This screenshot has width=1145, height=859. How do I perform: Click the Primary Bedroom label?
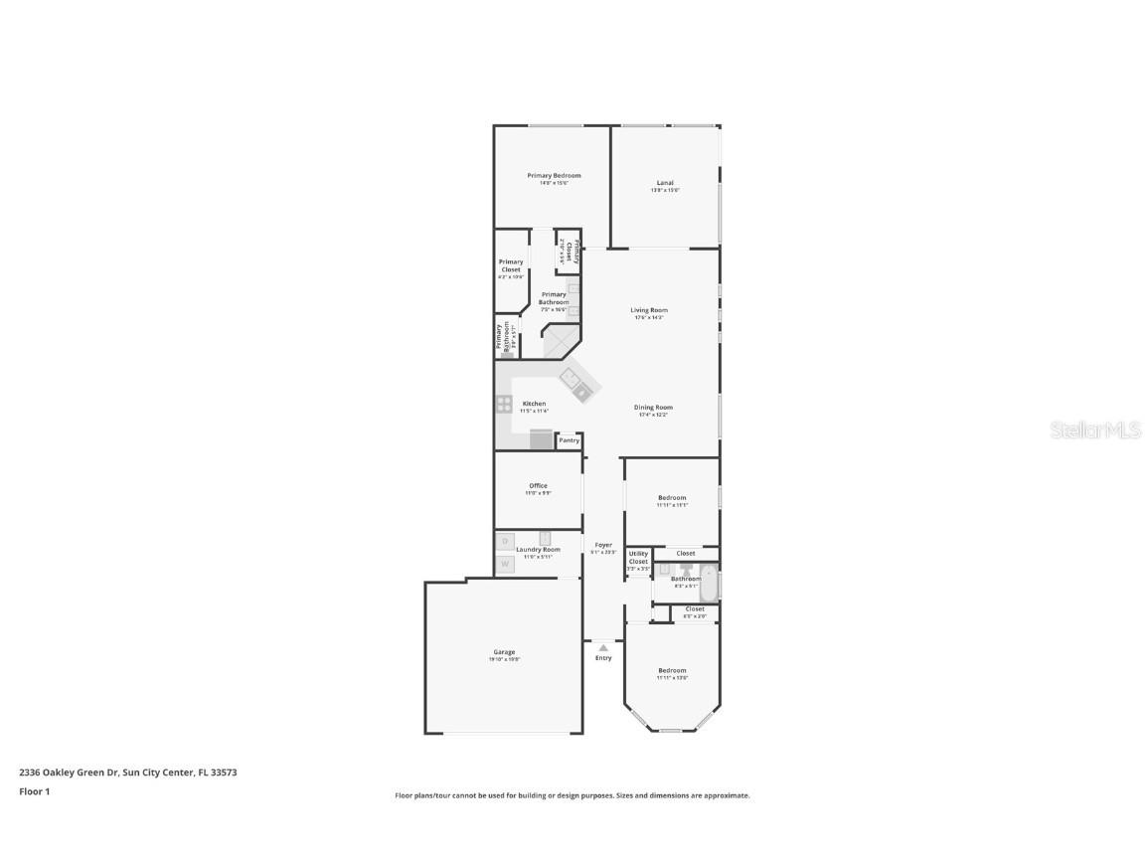tap(554, 176)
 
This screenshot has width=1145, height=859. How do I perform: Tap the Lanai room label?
tap(665, 183)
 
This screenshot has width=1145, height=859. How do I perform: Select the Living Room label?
tap(648, 310)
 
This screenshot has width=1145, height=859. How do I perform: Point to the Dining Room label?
tap(653, 407)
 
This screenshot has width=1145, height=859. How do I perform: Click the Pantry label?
tap(569, 440)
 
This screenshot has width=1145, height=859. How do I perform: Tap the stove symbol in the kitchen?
tap(504, 404)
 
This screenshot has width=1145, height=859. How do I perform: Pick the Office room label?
tap(538, 486)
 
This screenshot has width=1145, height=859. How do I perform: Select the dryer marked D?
tap(505, 542)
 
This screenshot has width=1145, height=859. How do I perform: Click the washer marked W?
tap(505, 564)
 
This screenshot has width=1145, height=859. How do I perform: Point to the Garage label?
tap(504, 652)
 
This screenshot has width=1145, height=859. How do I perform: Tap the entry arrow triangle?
tap(603, 647)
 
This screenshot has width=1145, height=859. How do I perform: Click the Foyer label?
tap(603, 545)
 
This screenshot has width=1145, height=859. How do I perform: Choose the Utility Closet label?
tap(638, 558)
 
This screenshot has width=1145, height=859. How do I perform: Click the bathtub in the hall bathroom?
tap(709, 582)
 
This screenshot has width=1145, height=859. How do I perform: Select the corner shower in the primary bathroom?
tap(560, 343)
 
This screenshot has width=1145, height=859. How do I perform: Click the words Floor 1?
tap(34, 791)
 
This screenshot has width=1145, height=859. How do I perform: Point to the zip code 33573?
tap(225, 772)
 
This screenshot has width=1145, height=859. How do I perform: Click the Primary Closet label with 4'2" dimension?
tap(511, 265)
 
